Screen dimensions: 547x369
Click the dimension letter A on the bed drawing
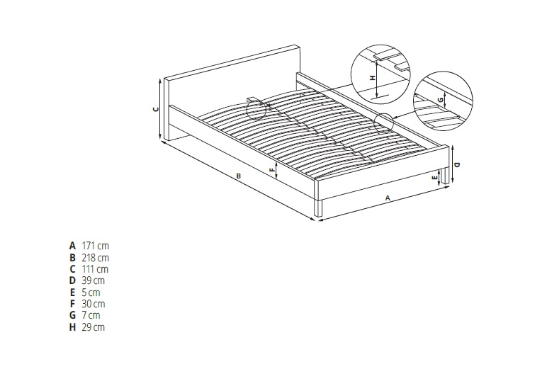click(x=388, y=198)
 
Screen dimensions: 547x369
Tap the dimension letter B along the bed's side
click(x=239, y=176)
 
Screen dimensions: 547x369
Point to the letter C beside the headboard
click(x=157, y=109)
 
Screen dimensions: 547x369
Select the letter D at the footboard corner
click(x=458, y=164)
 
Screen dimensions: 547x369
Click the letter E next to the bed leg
click(x=434, y=178)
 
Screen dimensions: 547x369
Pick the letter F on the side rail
click(x=272, y=170)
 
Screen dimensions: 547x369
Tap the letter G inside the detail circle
click(x=441, y=100)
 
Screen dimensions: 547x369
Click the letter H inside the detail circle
click(x=373, y=78)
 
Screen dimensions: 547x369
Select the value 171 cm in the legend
click(x=95, y=246)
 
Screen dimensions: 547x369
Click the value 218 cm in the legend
click(x=95, y=258)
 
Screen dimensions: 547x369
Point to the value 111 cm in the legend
click(x=95, y=269)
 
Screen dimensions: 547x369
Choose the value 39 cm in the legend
click(x=93, y=280)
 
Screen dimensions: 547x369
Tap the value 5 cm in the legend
click(x=91, y=293)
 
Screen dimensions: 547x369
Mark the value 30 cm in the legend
click(x=93, y=304)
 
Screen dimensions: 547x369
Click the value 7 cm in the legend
click(x=91, y=315)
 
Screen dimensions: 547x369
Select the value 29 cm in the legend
click(x=93, y=327)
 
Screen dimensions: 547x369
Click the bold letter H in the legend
click(x=72, y=327)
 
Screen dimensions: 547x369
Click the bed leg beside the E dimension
click(x=444, y=176)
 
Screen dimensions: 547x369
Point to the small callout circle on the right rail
click(x=383, y=123)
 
